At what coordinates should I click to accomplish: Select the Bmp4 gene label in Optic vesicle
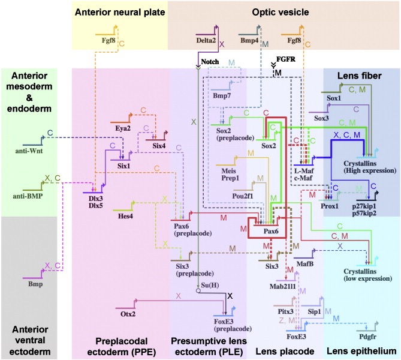(x=249, y=41)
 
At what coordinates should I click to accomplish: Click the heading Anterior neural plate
(x=119, y=11)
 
